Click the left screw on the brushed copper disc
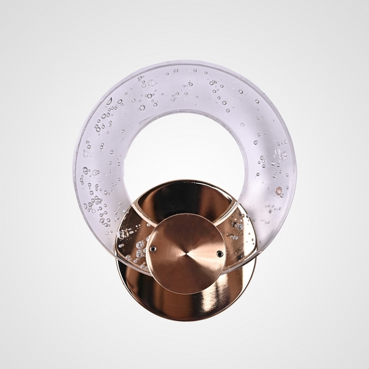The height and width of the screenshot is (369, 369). pyautogui.click(x=153, y=249)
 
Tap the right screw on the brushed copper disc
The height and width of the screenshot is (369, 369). pyautogui.click(x=220, y=253)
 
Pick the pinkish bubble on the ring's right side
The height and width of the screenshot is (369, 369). pyautogui.click(x=279, y=191)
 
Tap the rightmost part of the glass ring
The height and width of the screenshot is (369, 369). pyautogui.click(x=296, y=166)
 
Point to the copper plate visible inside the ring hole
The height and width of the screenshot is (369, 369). pyautogui.click(x=184, y=197)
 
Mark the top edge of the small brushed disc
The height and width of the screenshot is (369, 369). pyautogui.click(x=186, y=213)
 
